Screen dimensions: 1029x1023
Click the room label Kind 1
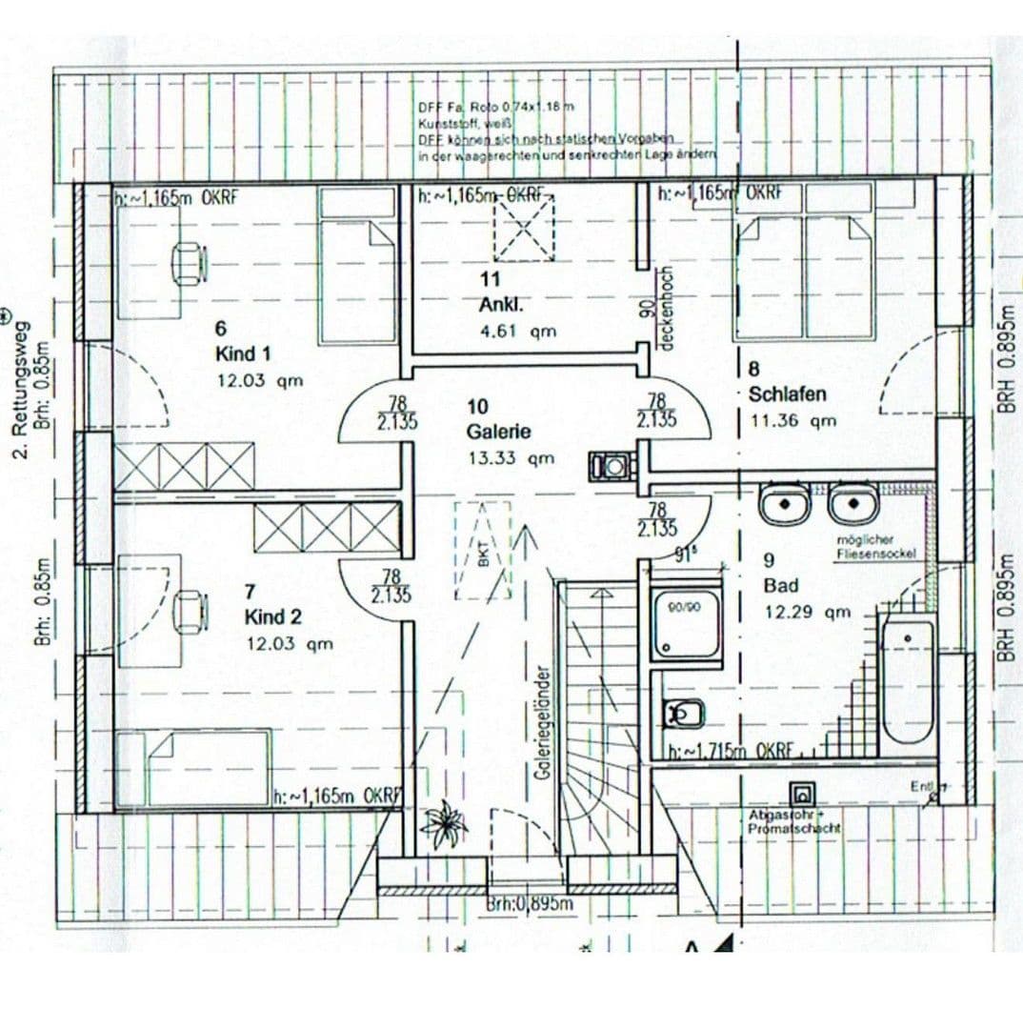243,354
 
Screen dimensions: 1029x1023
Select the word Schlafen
787,394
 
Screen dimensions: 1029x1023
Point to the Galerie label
498,432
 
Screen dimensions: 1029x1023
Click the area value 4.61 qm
517,332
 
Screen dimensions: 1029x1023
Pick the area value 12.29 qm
806,612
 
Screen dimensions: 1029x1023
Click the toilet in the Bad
683,711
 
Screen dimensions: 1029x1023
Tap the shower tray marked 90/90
686,625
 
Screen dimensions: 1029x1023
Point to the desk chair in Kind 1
189,261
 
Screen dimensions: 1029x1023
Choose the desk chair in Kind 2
190,609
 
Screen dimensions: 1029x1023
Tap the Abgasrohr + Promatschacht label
794,822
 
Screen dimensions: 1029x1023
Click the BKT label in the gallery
482,556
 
